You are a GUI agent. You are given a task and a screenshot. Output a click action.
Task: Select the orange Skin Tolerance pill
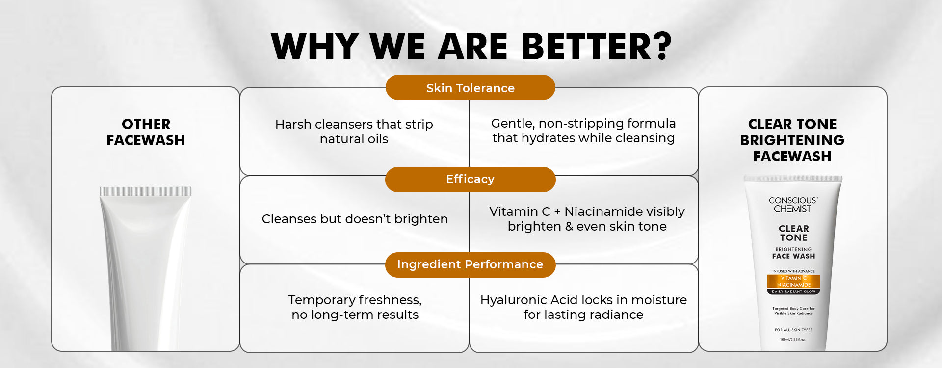[471, 88]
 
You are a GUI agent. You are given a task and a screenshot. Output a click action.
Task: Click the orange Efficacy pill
[471, 179]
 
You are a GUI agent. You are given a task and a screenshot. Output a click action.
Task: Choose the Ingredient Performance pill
[471, 264]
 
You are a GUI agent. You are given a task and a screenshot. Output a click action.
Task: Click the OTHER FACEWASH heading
[146, 132]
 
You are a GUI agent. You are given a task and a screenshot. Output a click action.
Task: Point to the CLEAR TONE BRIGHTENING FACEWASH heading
[792, 140]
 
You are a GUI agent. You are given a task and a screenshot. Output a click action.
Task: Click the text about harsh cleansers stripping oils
[354, 131]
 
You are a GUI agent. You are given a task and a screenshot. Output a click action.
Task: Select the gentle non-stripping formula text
[583, 131]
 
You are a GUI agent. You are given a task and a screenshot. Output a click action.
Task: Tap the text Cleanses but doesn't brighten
[355, 219]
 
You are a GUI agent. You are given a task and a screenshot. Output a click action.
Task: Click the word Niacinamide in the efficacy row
[603, 211]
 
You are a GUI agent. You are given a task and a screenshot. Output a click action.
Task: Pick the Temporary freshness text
[355, 307]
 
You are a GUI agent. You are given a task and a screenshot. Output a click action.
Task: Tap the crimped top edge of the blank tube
[146, 191]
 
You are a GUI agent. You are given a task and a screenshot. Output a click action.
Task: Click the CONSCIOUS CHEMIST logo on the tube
[793, 205]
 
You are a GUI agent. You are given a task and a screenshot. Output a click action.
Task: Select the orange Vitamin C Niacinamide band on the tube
[793, 282]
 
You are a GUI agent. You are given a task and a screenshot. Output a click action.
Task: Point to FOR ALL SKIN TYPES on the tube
[793, 330]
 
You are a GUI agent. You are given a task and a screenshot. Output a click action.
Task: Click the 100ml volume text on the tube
[793, 340]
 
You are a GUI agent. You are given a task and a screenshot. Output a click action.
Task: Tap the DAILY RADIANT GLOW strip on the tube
[793, 291]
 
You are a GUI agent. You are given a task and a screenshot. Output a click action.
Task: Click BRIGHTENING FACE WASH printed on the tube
[793, 253]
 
